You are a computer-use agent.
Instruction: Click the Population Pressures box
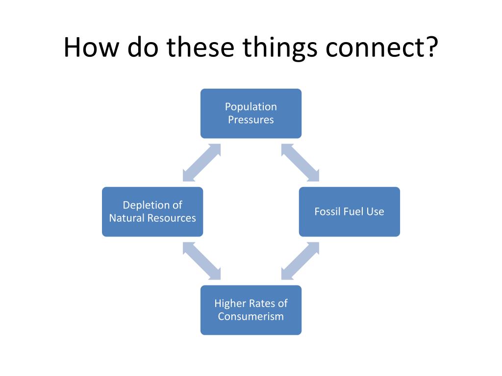pos(251,113)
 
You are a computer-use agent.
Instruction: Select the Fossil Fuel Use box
pos(349,211)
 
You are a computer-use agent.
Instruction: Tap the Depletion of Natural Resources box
pos(152,211)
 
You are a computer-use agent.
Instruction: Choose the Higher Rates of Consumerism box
pos(251,310)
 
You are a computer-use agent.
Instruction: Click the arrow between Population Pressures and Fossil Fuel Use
pos(300,163)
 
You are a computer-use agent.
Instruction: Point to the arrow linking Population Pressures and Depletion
pos(201,163)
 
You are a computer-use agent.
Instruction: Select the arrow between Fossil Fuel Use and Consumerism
pos(300,261)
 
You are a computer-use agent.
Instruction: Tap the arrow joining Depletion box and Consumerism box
pos(201,261)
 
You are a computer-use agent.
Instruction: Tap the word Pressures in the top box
pos(251,120)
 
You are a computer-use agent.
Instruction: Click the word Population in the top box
pos(251,107)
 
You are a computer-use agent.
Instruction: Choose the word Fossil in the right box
pos(326,211)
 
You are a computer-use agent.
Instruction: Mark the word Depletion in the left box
pos(146,205)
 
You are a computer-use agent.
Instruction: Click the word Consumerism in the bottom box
pos(251,316)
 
